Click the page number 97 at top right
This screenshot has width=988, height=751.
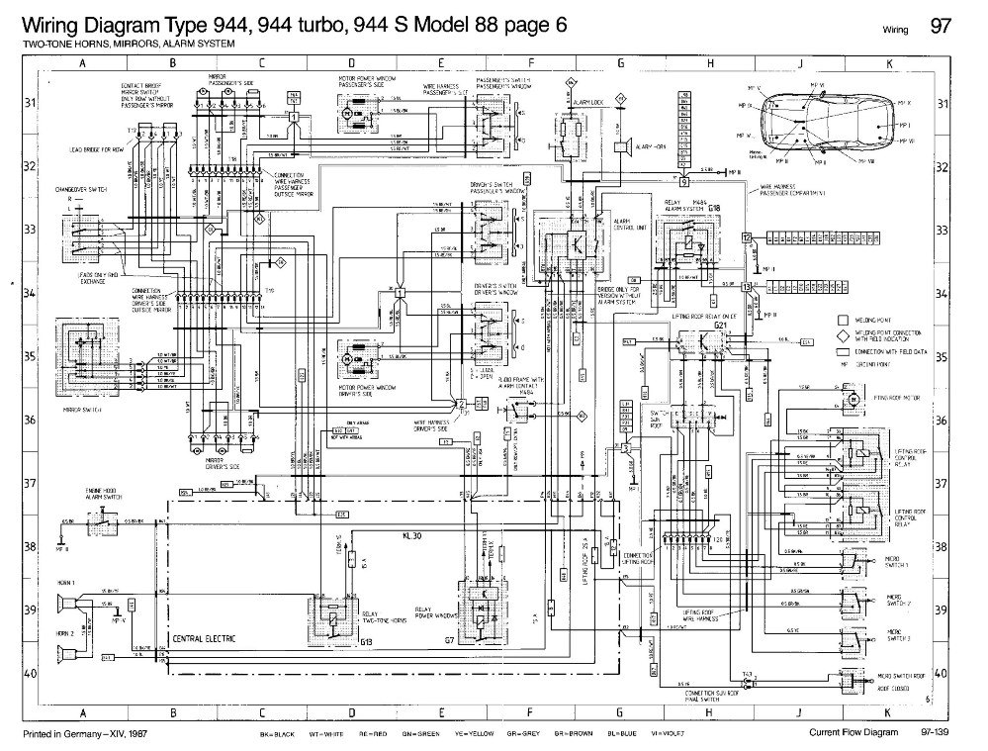[941, 27]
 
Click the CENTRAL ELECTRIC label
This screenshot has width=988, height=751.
[203, 640]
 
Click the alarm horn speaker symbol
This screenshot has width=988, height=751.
[623, 146]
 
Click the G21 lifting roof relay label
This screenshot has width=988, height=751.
[721, 324]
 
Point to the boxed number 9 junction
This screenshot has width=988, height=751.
[683, 182]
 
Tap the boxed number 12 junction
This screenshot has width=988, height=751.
[748, 237]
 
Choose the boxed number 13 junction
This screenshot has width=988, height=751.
[748, 286]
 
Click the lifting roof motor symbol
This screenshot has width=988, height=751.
[851, 398]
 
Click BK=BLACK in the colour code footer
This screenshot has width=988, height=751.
[278, 733]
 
